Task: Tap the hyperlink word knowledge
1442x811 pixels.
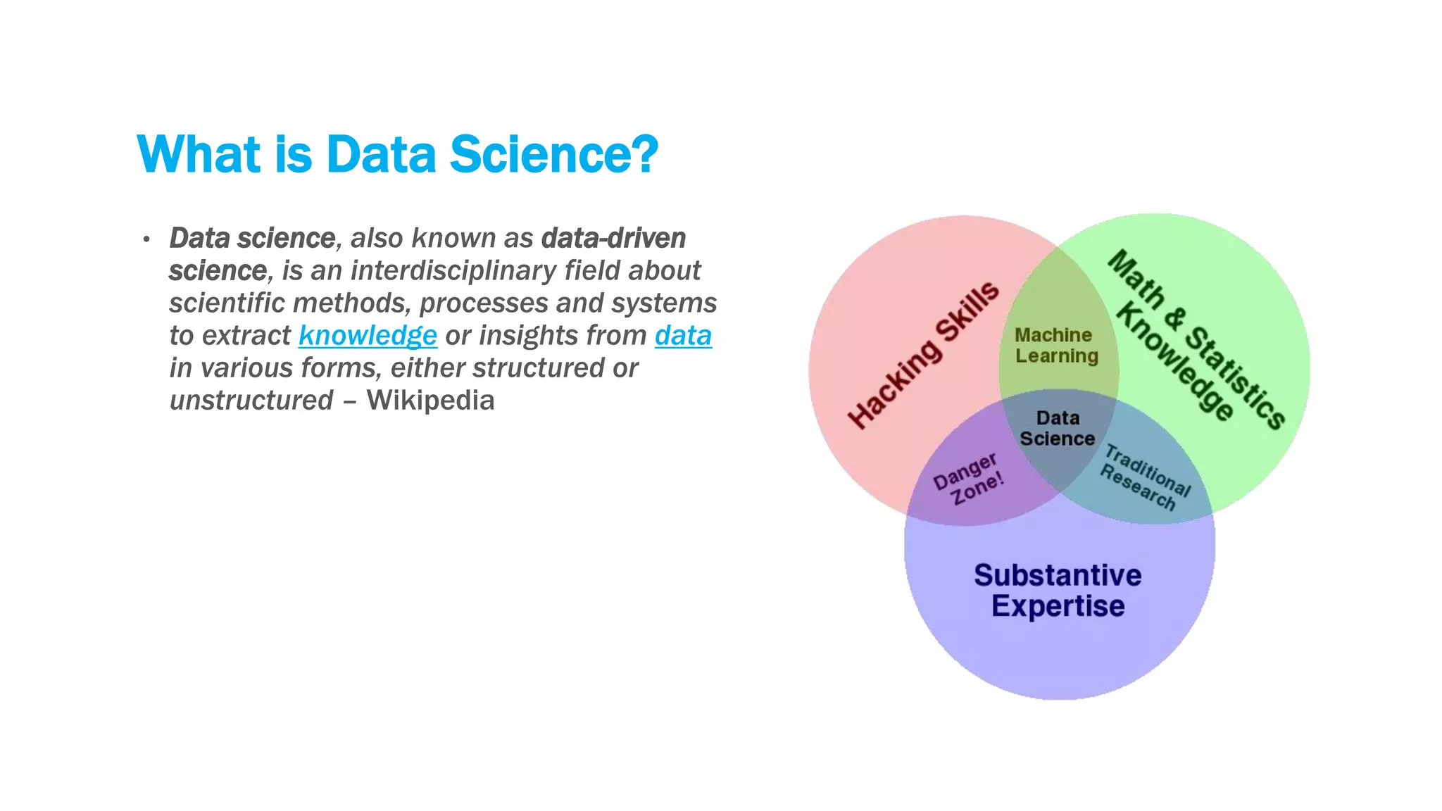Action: pos(368,336)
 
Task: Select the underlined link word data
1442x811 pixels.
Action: pos(683,336)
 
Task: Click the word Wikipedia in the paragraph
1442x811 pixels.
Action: pos(430,401)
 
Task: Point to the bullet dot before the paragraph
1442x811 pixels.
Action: pos(146,239)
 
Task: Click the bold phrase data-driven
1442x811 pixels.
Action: pos(613,239)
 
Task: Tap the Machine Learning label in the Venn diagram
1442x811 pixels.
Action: pos(1055,346)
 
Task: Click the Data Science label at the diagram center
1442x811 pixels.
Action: pos(1057,429)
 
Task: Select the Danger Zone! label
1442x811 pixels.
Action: pos(968,479)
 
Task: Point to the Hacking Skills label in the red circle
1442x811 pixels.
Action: pos(923,356)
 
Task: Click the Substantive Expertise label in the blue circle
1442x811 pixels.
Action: pos(1058,591)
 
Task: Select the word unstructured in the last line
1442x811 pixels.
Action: pos(251,401)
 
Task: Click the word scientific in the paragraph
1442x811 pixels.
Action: pos(227,303)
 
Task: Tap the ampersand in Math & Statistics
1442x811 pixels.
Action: pos(1173,318)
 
